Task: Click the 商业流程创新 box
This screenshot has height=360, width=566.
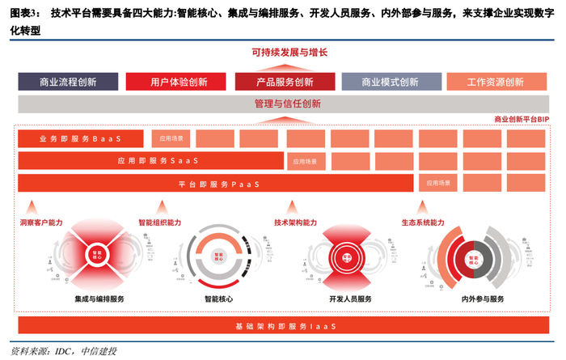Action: pos(68,82)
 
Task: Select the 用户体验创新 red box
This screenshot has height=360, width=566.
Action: pos(178,82)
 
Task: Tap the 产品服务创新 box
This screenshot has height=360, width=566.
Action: pos(285,82)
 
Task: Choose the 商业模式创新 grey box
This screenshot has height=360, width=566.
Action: pos(391,82)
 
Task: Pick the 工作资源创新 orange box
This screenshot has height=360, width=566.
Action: pos(496,82)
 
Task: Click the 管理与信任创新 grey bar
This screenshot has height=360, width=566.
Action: pos(283,104)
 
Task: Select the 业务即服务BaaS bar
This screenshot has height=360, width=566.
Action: pos(81,138)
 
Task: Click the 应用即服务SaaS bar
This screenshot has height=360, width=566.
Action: pos(152,161)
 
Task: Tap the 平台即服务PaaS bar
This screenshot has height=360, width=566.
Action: pos(217,184)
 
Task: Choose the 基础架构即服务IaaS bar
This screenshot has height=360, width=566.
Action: pos(283,325)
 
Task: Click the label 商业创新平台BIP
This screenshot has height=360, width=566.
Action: pos(521,120)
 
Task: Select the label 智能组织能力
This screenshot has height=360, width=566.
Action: pos(160,222)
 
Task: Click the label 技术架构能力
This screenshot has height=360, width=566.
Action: pos(295,222)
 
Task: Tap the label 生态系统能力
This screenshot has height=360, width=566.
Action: pos(423,222)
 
